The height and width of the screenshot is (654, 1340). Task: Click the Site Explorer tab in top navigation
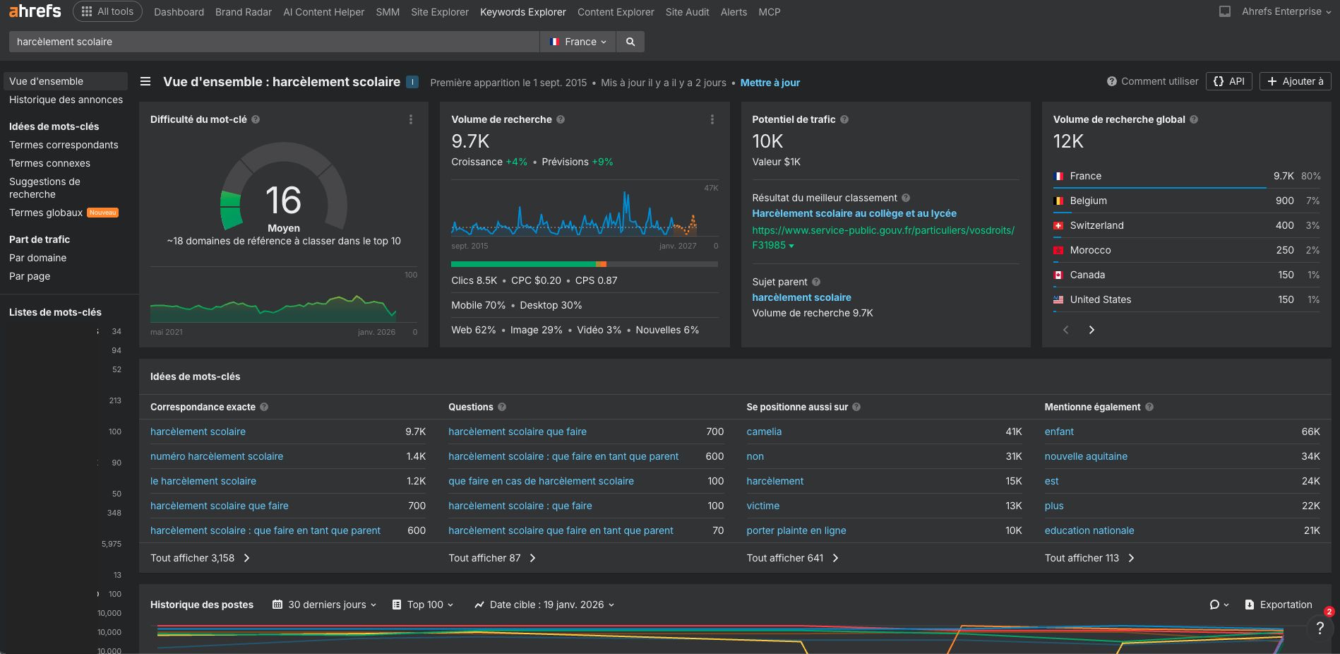(x=439, y=12)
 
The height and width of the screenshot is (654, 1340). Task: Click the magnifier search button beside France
(x=630, y=42)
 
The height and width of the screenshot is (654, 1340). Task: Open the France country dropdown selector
(x=578, y=42)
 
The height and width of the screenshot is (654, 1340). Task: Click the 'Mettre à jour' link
(x=770, y=83)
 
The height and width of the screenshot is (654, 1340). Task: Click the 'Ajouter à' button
(x=1295, y=81)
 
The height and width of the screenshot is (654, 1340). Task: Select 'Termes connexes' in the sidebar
(x=49, y=163)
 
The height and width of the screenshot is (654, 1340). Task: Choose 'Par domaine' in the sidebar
(x=37, y=258)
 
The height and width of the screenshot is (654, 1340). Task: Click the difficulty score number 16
(x=283, y=201)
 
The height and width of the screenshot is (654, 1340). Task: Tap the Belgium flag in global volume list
(x=1058, y=201)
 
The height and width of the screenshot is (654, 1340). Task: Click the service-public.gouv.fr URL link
(x=883, y=230)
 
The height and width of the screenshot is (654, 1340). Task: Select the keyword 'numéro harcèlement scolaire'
(x=217, y=456)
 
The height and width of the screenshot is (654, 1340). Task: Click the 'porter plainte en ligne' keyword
(x=796, y=530)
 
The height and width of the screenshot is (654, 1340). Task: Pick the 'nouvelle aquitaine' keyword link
(x=1085, y=456)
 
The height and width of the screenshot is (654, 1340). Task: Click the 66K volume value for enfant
(x=1310, y=432)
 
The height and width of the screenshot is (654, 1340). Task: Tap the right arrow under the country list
(x=1091, y=330)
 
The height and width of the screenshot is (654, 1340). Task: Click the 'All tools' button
(x=107, y=11)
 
